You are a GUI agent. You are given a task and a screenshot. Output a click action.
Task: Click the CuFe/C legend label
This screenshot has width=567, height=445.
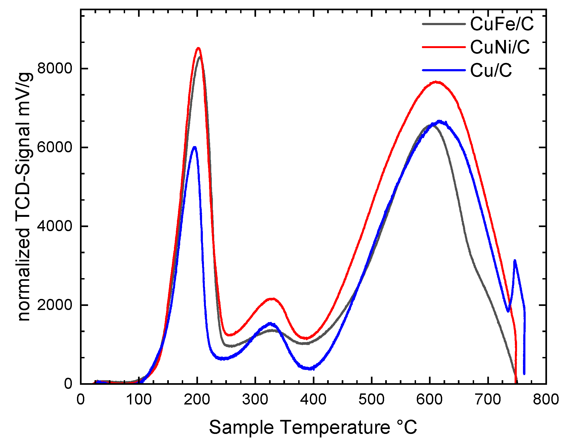coord(502,24)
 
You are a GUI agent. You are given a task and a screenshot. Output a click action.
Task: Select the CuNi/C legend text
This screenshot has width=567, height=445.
coord(500,47)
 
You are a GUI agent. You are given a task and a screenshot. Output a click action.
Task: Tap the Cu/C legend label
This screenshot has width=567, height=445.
coord(491,70)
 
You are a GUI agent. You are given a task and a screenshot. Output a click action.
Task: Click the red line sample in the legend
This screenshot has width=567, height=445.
coord(444,47)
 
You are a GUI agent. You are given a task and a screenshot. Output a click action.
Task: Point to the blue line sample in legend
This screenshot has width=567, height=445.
coord(444,70)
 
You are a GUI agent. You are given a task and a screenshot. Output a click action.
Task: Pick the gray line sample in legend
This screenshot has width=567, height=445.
coord(444,24)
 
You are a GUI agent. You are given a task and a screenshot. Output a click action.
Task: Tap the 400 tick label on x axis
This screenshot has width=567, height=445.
coord(313,399)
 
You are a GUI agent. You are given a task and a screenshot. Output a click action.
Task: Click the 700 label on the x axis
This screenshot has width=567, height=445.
coord(488,399)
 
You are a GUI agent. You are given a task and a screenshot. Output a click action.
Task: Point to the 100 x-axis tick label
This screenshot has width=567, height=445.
coord(139,399)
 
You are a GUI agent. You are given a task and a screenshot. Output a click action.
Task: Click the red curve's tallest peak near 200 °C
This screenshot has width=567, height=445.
coord(198,48)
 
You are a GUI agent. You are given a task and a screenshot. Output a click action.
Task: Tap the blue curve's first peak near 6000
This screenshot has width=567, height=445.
coord(194,147)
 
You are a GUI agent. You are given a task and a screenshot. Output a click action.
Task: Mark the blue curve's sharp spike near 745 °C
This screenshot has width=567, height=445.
coord(515,261)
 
